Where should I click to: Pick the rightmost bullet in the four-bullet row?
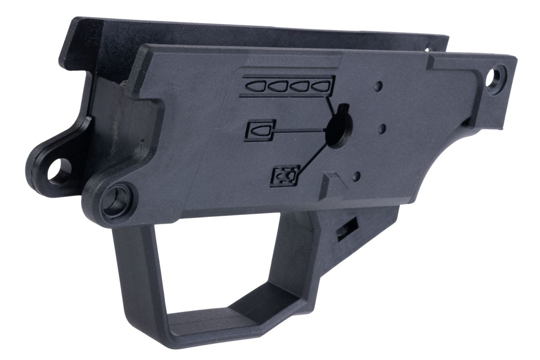pyautogui.click(x=321, y=85)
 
